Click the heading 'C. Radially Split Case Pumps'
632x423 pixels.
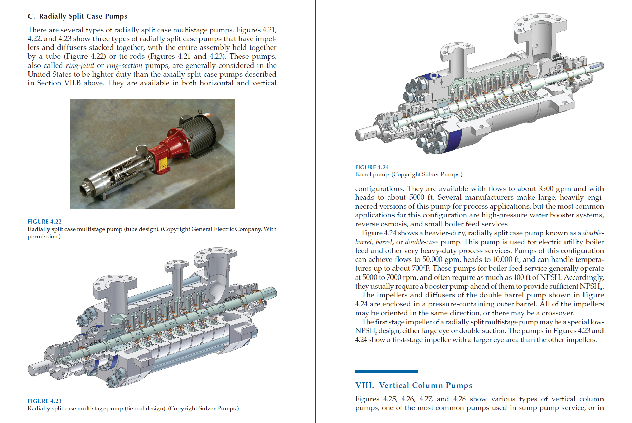[77, 16]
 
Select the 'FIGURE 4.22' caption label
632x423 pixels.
[44, 222]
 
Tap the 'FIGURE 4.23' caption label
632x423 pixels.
[44, 401]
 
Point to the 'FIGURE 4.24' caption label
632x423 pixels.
[372, 167]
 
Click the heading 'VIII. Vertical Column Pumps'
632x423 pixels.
[414, 385]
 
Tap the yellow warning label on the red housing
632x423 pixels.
[163, 165]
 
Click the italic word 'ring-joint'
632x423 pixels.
[80, 65]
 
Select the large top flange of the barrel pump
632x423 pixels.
[540, 24]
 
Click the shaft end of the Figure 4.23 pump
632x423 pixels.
[37, 369]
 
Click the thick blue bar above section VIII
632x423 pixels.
[386, 371]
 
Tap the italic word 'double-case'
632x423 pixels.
[421, 242]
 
